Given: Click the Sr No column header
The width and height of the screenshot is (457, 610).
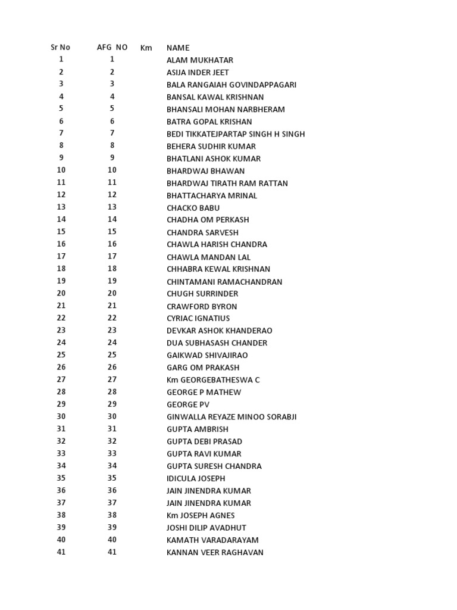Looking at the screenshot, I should coord(60,47).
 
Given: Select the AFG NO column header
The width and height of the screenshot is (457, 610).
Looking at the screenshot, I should coord(112,47).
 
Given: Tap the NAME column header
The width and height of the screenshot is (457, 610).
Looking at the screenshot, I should coord(178,48).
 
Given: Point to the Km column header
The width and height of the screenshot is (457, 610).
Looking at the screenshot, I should coord(146,48).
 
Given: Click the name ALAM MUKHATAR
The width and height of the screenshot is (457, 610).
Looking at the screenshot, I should coord(200,60).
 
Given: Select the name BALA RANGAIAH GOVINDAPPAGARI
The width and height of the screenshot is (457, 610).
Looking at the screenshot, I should coord(231,85).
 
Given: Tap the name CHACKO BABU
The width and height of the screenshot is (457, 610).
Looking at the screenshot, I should coord(193,208).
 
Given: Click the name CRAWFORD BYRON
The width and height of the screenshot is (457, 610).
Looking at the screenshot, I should coord(202,306).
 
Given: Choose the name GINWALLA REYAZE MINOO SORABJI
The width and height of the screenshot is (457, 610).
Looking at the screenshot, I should coord(231,417).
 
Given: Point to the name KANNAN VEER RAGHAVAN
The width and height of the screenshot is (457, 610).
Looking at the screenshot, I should coord(215,552).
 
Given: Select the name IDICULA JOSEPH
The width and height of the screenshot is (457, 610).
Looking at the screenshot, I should coord(196,478).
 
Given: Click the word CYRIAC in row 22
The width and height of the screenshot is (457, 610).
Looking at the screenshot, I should coord(180,319).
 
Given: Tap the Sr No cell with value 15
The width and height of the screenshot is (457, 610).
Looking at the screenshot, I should coord(61,232).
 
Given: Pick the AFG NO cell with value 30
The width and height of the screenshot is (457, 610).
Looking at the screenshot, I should coord(112,417).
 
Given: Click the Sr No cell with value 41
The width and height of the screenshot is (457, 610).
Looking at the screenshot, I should coord(61,552).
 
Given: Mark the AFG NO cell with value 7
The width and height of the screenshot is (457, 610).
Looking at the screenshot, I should coord(112,133).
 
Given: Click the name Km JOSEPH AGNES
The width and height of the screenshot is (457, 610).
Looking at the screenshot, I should coord(201,515).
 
